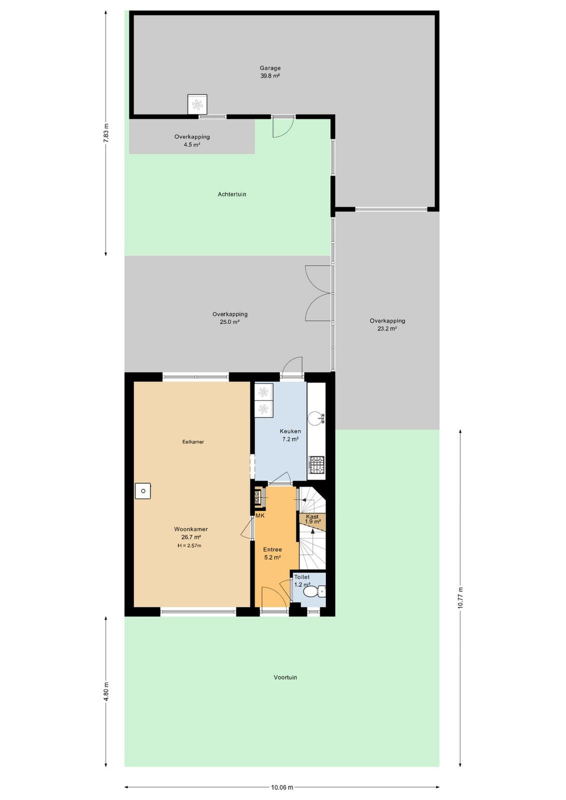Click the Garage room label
coord(270,68)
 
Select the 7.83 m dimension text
coord(106,133)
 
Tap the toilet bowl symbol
coord(314,591)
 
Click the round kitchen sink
coord(316,418)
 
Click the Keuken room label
coord(290,431)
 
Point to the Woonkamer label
coord(191,529)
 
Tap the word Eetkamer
coord(193,442)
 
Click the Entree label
coord(272,549)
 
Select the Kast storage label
coord(312,517)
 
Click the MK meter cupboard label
coord(260,516)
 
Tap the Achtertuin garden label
coord(232,194)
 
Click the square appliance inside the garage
coord(197,104)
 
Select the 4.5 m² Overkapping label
coord(192,140)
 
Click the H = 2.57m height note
coord(189,545)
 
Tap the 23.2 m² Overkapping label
coord(387,324)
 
